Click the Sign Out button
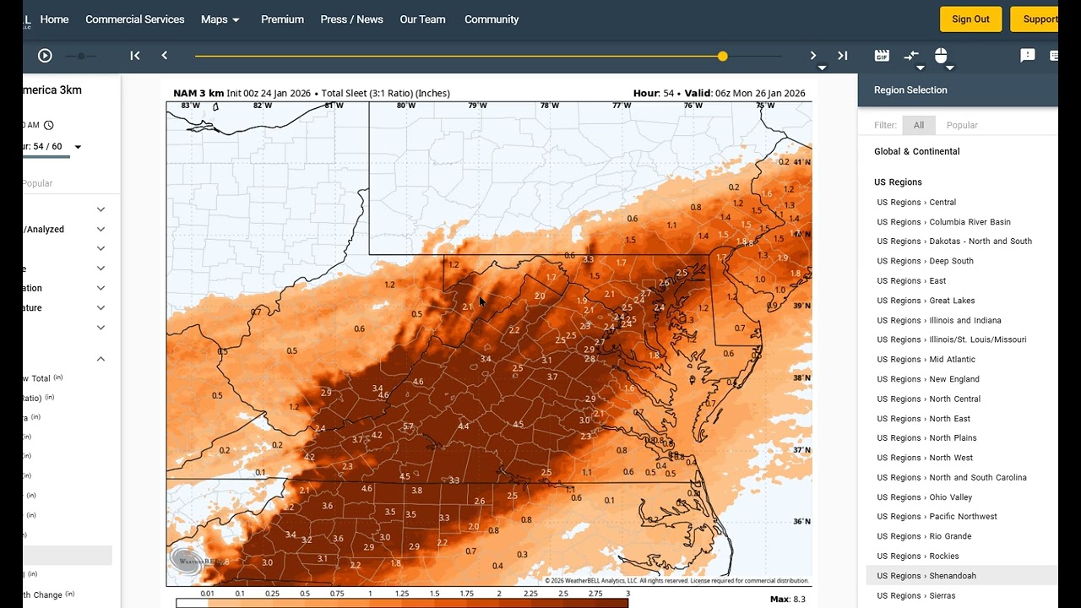tap(970, 19)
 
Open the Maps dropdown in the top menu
tap(220, 19)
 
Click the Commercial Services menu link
tap(134, 19)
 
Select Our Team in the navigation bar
tap(422, 19)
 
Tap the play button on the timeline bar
tap(45, 56)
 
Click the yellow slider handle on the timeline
tap(722, 56)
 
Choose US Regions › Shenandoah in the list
tap(926, 576)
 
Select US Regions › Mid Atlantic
tap(926, 360)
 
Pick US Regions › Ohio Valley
tap(924, 497)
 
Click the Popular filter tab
tap(962, 125)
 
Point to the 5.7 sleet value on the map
tap(409, 426)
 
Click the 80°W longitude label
tap(406, 106)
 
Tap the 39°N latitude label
tap(801, 306)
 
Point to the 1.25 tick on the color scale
tap(402, 594)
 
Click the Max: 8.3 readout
tap(787, 600)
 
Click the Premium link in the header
tap(282, 19)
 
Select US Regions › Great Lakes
tap(926, 301)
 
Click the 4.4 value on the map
tap(464, 426)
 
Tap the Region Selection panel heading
tap(910, 90)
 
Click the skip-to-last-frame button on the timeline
tap(842, 56)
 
